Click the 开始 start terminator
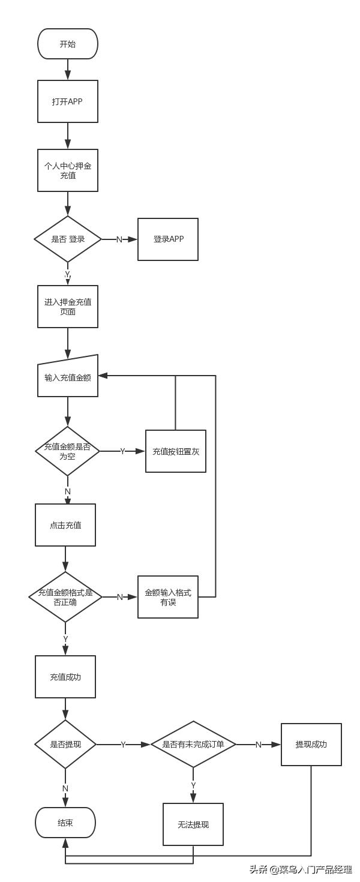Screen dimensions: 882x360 coord(67,44)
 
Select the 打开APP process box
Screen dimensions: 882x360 coord(67,101)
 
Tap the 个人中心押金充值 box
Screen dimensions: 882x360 coord(67,170)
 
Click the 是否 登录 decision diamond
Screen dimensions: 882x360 coord(67,239)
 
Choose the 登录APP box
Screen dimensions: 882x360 coord(168,239)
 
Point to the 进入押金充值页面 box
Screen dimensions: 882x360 coord(67,307)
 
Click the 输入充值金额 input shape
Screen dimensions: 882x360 coord(67,377)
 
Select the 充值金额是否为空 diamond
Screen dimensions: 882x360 coord(67,451)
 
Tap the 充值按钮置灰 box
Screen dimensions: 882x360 coord(175,451)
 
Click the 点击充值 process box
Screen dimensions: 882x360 coord(65,525)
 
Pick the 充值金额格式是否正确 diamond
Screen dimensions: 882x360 coord(65,597)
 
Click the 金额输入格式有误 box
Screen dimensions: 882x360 coord(168,597)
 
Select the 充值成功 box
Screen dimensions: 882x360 coord(65,677)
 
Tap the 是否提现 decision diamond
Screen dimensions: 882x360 coord(65,745)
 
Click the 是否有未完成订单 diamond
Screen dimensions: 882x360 coord(193,745)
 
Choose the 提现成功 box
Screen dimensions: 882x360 coord(311,745)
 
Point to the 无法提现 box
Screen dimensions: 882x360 coord(193,824)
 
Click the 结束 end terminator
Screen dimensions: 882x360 coord(65,823)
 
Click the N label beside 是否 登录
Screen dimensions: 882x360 coord(119,239)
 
